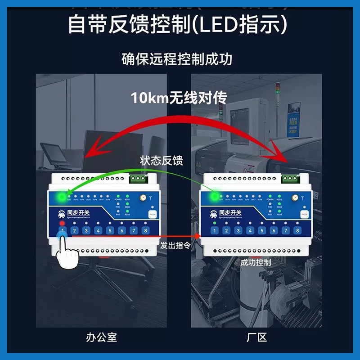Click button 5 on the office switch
point(110,231)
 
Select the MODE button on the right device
point(305,214)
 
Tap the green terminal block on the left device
point(139,179)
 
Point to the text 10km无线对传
point(179,98)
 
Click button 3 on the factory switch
point(238,231)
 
